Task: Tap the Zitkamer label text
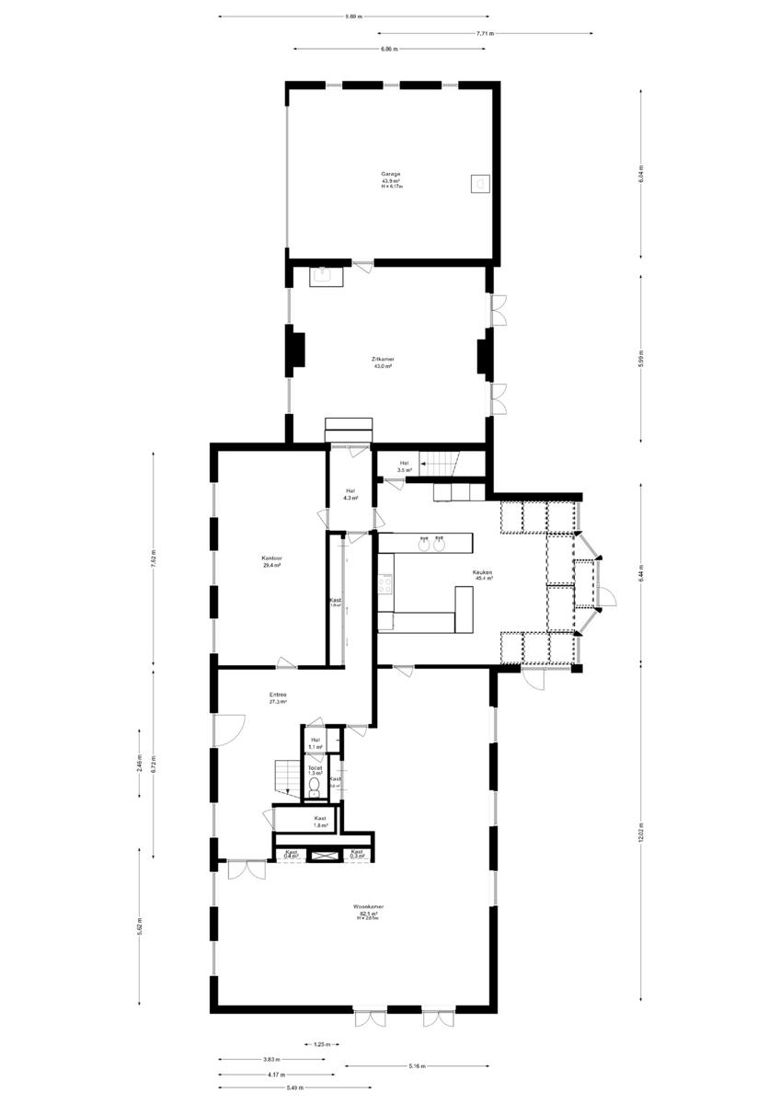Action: click(x=383, y=360)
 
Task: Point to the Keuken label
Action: click(x=484, y=573)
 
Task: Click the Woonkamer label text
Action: click(x=368, y=907)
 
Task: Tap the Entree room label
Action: click(x=278, y=695)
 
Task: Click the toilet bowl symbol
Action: click(x=314, y=785)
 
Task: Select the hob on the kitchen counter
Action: click(x=386, y=582)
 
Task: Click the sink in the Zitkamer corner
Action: click(x=323, y=274)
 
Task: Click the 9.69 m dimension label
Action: click(x=353, y=16)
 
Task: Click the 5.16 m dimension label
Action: click(x=416, y=1067)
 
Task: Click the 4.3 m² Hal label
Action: click(x=350, y=494)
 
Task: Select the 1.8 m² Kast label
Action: click(x=320, y=822)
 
